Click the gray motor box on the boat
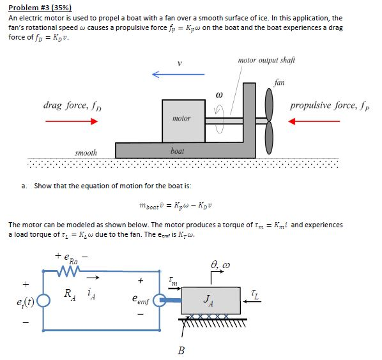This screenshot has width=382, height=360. tap(182, 119)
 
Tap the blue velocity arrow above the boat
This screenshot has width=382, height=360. tap(178, 75)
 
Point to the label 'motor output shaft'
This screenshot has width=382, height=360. tap(266, 60)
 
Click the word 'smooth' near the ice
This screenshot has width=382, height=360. tap(86, 153)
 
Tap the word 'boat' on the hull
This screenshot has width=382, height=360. tap(178, 151)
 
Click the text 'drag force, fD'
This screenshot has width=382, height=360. tap(70, 105)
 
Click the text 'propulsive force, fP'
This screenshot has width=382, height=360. tap(329, 104)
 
